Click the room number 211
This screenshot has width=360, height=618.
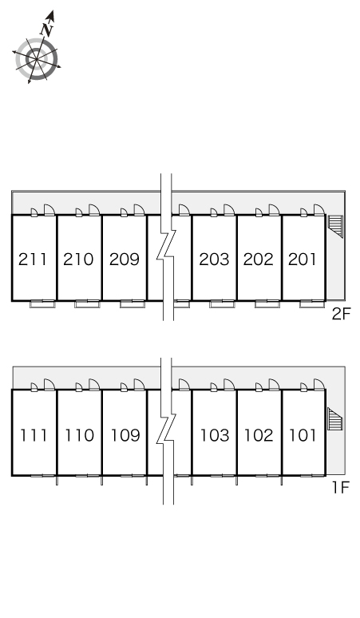(33, 259)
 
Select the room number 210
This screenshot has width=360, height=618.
(78, 259)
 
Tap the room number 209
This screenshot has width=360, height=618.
(125, 259)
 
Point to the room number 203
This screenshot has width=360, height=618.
(214, 259)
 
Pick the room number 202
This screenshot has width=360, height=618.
(259, 259)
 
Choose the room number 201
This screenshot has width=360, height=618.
(302, 259)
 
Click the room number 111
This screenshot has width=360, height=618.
(34, 435)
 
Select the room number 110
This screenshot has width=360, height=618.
(79, 435)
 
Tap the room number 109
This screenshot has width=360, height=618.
(125, 435)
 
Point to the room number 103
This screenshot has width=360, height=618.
(215, 435)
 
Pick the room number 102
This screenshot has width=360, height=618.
(259, 435)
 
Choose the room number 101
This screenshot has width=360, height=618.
(303, 435)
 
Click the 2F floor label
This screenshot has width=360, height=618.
(341, 314)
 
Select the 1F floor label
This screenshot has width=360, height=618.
(341, 488)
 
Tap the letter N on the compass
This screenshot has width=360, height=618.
(47, 30)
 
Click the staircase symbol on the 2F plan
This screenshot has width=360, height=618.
(335, 226)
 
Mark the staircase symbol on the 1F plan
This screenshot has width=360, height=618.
(335, 419)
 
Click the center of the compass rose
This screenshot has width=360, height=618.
(37, 59)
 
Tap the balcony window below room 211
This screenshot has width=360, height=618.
(42, 304)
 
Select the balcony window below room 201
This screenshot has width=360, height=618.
(312, 304)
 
